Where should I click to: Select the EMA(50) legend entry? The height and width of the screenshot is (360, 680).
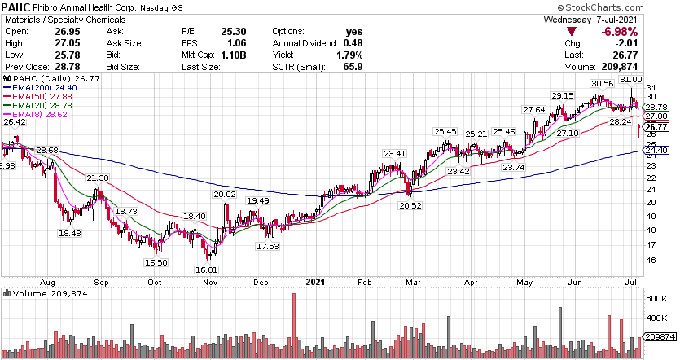[x=32, y=95]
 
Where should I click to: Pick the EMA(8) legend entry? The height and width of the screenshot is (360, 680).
[x=29, y=115]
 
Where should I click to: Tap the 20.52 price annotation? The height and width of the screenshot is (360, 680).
[x=410, y=204]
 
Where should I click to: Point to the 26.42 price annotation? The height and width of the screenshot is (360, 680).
[x=15, y=122]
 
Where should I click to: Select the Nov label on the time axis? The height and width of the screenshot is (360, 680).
[x=210, y=281]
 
